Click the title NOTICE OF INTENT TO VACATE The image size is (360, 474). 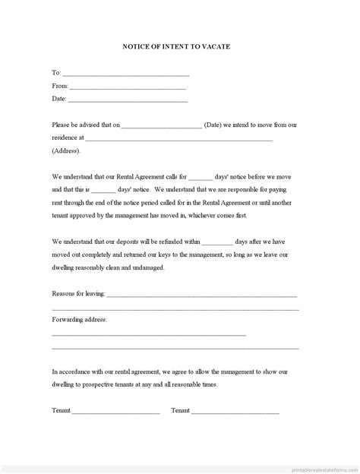tap(176, 46)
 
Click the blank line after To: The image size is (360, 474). tap(126, 75)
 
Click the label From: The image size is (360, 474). tap(59, 86)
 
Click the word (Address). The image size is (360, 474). tap(66, 150)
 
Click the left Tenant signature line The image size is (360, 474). tap(116, 412)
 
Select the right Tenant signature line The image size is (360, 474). tap(235, 412)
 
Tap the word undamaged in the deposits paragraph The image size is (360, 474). tap(145, 267)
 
